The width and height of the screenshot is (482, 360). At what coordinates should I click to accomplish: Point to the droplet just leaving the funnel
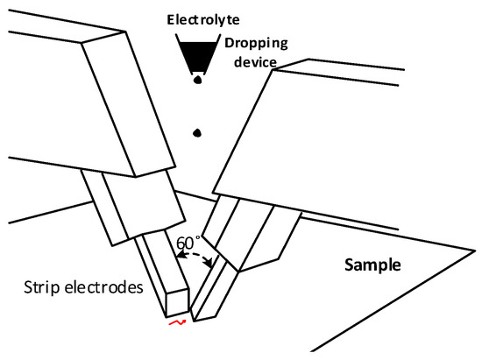(198, 80)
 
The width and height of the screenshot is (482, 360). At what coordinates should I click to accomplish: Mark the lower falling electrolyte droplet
(199, 133)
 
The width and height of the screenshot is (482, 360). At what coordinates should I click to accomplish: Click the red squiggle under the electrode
(176, 323)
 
